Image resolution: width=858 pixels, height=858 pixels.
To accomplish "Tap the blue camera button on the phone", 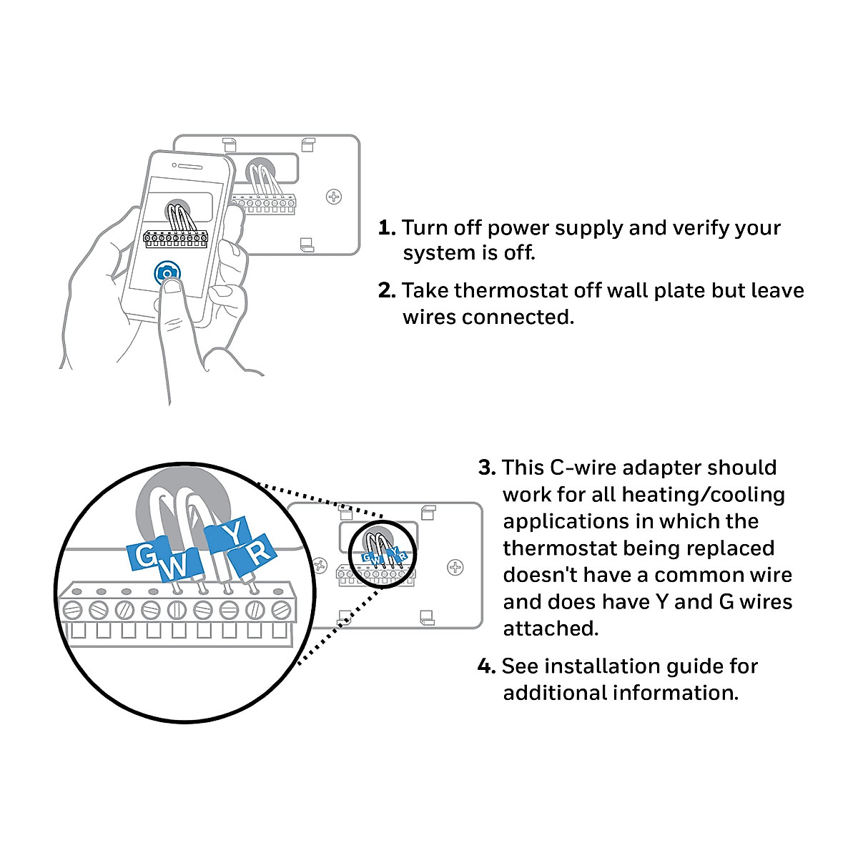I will click(x=167, y=273).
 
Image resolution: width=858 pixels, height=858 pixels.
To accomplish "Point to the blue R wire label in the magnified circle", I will click(x=259, y=551).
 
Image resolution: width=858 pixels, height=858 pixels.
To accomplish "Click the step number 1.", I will click(x=386, y=228).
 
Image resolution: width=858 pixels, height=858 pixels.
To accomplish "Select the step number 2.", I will click(x=386, y=291).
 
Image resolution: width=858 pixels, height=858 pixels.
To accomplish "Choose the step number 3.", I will click(x=486, y=468).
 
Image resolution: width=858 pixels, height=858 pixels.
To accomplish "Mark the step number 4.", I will click(x=486, y=667).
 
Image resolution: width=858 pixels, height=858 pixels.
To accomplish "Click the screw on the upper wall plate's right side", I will click(x=334, y=196).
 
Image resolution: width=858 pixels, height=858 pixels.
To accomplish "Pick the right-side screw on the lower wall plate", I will click(x=455, y=567).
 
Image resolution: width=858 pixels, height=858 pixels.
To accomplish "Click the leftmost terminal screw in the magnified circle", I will click(x=73, y=611).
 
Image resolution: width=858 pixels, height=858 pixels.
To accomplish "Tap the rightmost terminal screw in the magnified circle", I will click(x=280, y=611).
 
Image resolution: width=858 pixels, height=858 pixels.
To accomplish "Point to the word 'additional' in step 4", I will click(x=555, y=693).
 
